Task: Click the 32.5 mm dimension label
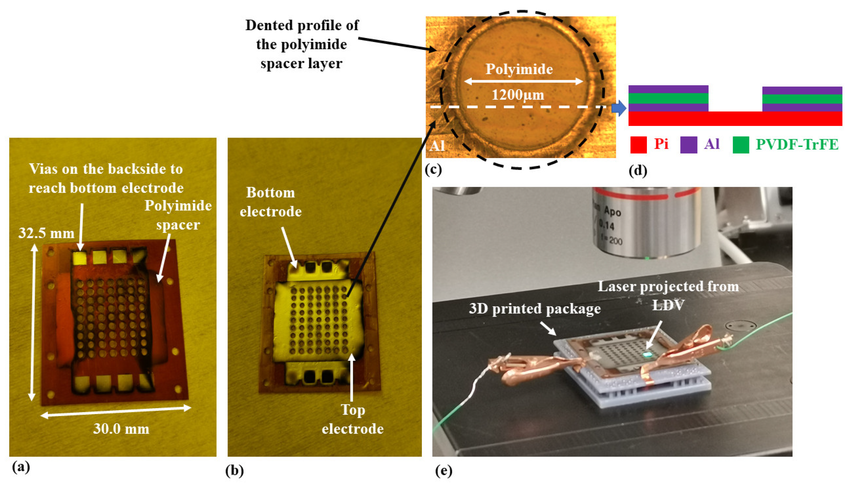point(46,233)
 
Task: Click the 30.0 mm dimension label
point(121,429)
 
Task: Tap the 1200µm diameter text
point(518,95)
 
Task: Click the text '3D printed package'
point(535,309)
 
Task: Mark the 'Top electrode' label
point(353,420)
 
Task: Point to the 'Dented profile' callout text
point(302,44)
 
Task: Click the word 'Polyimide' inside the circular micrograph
point(519,69)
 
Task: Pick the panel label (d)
point(638,170)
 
